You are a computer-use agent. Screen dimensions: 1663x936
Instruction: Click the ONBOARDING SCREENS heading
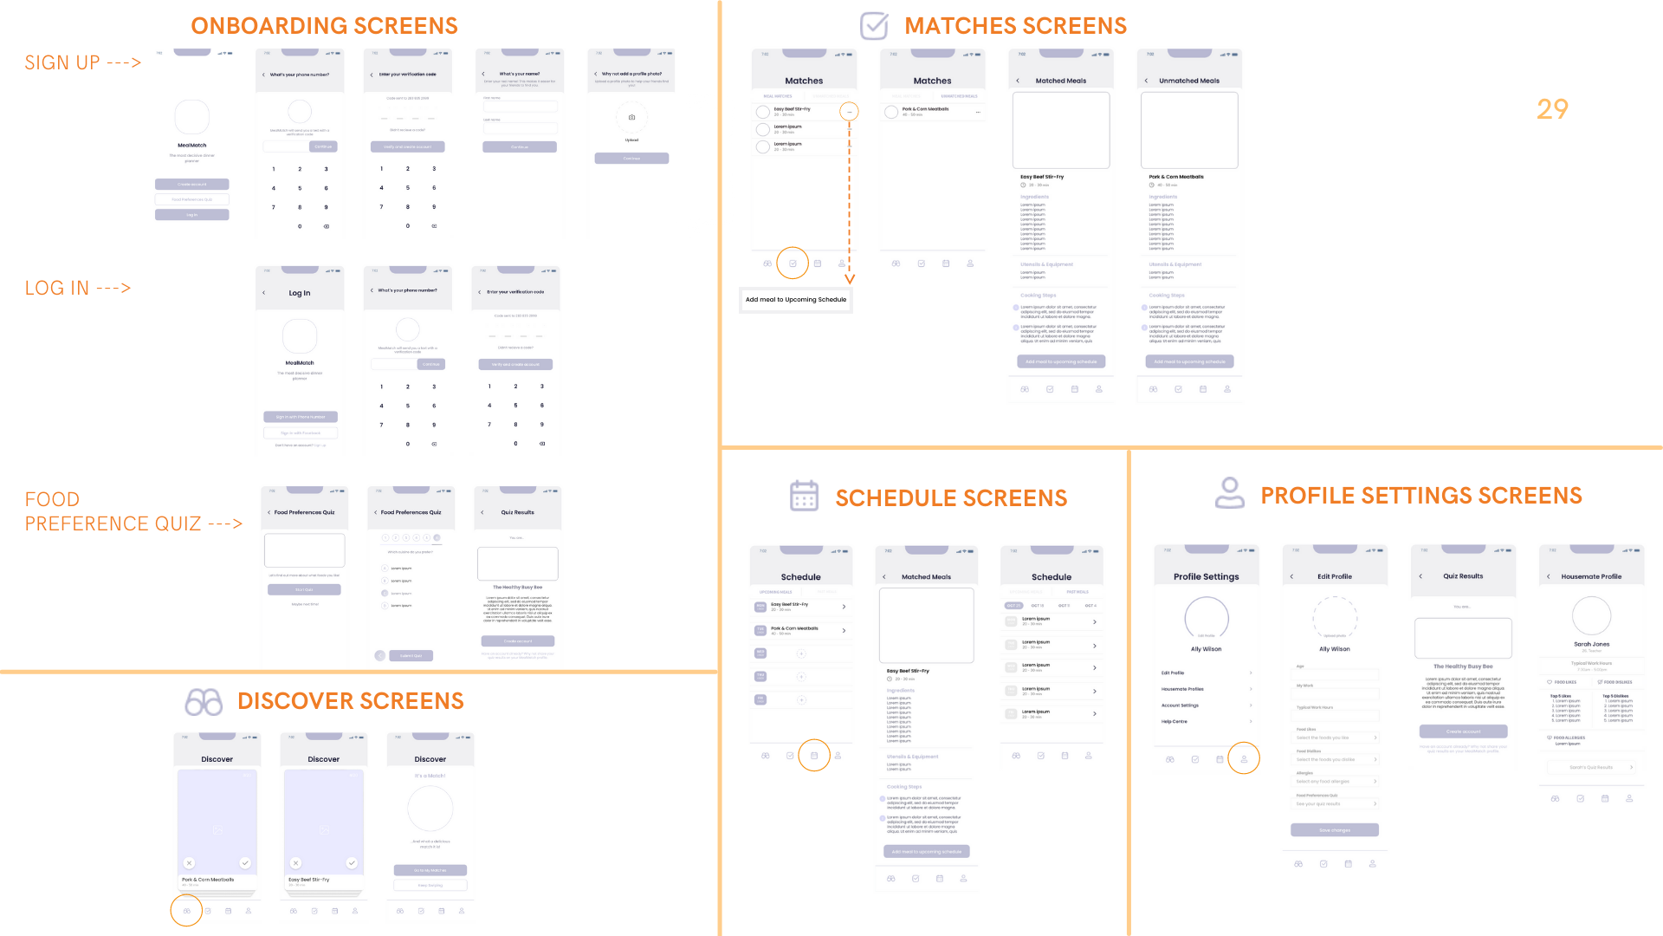coord(324,26)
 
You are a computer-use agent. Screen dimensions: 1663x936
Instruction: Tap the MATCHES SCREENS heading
coord(1015,26)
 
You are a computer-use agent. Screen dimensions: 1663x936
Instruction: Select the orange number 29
coord(1552,109)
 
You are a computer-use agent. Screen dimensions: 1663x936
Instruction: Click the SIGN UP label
coord(82,62)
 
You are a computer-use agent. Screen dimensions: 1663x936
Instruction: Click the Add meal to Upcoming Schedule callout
coord(796,300)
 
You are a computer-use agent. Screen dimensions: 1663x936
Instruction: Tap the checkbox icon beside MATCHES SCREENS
coord(874,25)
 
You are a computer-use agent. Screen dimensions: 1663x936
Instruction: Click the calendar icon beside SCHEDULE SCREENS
coord(804,496)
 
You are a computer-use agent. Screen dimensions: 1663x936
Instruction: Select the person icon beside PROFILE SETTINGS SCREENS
coord(1229,493)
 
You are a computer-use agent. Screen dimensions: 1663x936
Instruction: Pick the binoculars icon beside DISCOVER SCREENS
coord(204,702)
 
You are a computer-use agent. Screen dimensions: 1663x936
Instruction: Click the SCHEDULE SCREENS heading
coord(951,498)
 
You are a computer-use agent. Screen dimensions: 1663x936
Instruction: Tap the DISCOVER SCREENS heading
coord(350,701)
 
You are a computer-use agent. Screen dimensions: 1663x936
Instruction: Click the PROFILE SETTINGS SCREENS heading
coord(1420,496)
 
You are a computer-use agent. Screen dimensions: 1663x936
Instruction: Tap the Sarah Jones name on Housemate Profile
coord(1591,644)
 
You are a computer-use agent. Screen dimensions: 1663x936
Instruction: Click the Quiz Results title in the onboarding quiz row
coord(517,512)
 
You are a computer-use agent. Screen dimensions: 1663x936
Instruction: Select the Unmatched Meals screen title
coord(1189,81)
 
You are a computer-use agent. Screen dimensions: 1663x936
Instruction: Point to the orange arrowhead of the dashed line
coord(850,279)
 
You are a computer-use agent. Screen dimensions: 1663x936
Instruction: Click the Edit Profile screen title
coord(1335,576)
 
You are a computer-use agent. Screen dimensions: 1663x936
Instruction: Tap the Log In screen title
coord(300,293)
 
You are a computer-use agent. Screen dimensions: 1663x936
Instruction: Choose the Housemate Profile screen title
coord(1591,576)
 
